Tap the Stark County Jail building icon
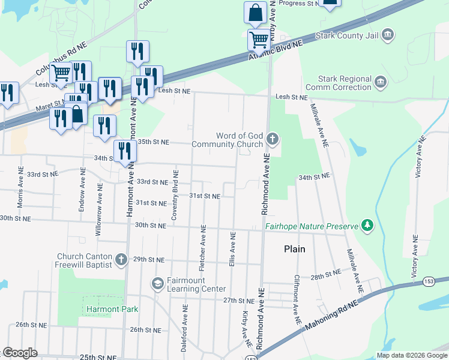(387, 34)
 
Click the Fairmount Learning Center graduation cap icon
(157, 283)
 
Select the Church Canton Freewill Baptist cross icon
(121, 259)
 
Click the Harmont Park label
(112, 310)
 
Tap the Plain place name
(295, 249)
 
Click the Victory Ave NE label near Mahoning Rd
(414, 260)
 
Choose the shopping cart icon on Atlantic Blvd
(259, 40)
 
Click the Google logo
(20, 353)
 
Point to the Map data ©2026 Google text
(411, 355)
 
